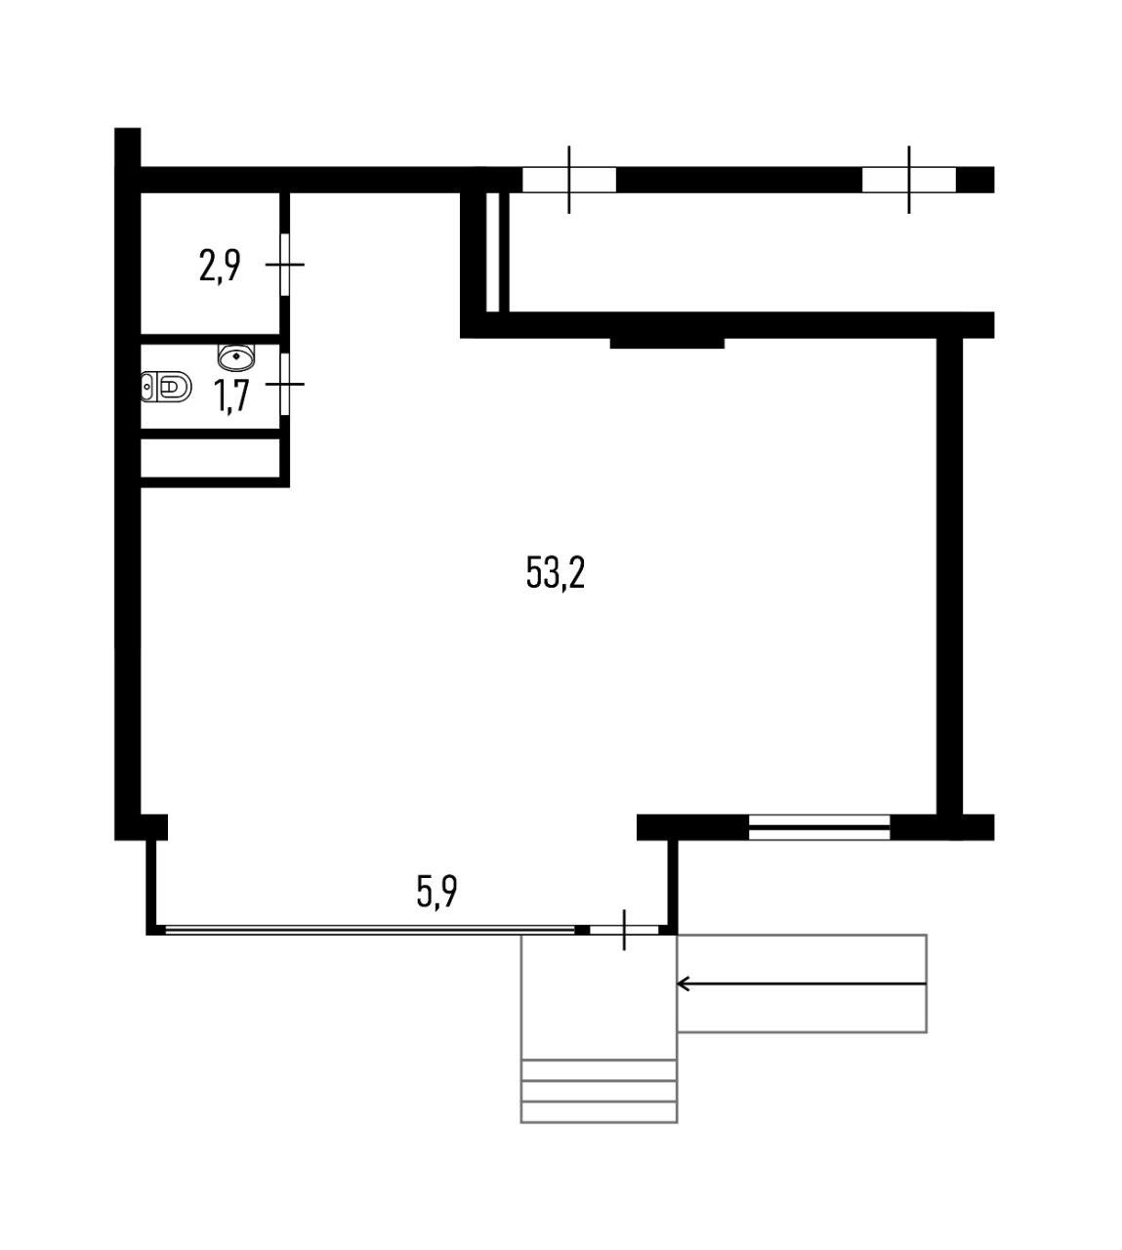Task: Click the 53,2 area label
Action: [555, 572]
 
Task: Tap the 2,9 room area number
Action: [220, 265]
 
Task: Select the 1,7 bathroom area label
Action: [231, 396]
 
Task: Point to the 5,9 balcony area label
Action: [437, 892]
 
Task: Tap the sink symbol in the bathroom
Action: [236, 354]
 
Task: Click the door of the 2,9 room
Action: [285, 264]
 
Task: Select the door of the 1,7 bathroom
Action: [285, 384]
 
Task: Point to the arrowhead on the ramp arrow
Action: [683, 983]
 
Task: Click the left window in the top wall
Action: [568, 180]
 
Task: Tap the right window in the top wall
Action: [908, 180]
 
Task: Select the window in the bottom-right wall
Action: [819, 827]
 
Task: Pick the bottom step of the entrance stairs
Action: [599, 1112]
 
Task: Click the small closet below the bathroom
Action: [211, 458]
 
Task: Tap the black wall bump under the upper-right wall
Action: [667, 342]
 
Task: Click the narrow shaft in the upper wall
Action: [492, 252]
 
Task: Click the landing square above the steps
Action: [599, 996]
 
